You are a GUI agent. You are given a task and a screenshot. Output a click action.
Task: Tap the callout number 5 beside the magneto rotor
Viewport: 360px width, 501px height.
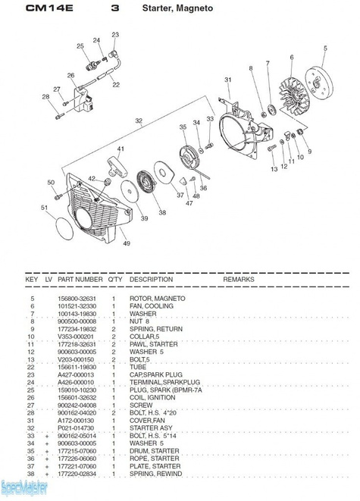[x=324, y=49]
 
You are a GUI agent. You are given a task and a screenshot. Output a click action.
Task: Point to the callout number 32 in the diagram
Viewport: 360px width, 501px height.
[x=139, y=121]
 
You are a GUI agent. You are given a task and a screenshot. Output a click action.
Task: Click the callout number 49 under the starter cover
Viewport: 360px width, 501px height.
[x=126, y=243]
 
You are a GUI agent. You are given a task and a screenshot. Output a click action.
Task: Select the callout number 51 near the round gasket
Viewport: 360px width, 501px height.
[x=44, y=208]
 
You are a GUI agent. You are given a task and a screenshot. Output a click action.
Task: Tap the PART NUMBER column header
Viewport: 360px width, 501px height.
[x=80, y=280]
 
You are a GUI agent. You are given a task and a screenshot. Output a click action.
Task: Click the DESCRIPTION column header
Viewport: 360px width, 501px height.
[x=152, y=280]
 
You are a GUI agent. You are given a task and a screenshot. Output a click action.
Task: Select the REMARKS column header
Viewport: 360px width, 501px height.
[x=239, y=280]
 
